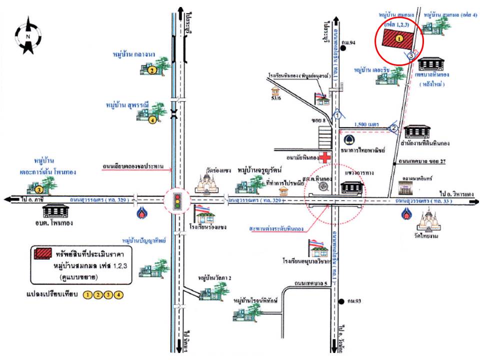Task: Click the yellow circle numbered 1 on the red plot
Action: (x=399, y=37)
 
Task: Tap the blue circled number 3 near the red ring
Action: (x=411, y=55)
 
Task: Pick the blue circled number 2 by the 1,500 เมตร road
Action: (x=394, y=128)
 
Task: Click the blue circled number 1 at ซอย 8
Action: (x=338, y=115)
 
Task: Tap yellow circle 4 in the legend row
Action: (x=118, y=294)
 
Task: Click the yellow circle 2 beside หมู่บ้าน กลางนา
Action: (x=151, y=71)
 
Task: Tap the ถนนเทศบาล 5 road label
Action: (x=311, y=283)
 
